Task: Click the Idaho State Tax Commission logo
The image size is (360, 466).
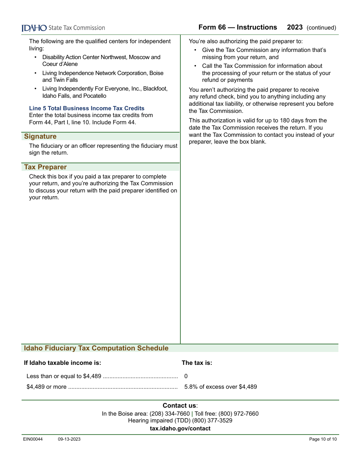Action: coord(63,28)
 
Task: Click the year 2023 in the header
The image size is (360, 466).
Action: coord(295,27)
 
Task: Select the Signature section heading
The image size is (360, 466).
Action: coord(40,136)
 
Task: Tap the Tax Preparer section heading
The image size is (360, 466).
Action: coord(45,167)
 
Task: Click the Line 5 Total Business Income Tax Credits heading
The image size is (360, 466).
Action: coord(87,108)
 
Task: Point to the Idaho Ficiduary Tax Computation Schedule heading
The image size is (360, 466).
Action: coord(96,348)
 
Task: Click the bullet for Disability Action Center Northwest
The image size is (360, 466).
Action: coord(36,58)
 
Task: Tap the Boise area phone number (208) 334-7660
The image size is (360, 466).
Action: coord(170,414)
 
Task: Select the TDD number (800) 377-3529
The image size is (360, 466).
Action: coord(212,421)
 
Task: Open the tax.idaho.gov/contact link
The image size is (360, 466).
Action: coord(180,428)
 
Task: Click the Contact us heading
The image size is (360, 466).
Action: coord(180,406)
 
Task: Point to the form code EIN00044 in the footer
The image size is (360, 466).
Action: coord(33,439)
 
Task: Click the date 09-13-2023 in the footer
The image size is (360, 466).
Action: coord(69,439)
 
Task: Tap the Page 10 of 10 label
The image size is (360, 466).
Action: coord(323,439)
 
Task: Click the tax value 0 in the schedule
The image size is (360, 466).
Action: coord(186,376)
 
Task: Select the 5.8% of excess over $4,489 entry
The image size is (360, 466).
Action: coord(221,387)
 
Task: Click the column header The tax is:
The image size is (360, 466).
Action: coord(197,363)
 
